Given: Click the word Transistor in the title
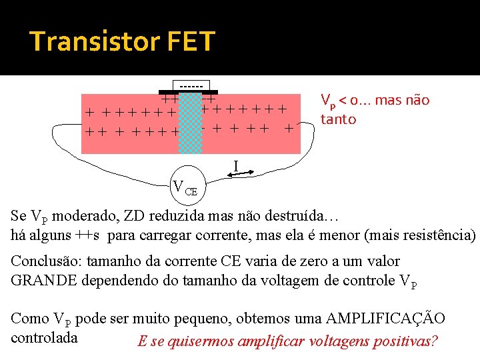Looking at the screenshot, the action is pos(92,41).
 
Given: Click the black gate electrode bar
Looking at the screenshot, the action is pos(188,91).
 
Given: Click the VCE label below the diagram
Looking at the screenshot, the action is pos(185,187).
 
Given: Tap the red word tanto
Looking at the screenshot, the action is pos(338,119).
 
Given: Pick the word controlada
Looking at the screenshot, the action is pos(45,337).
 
